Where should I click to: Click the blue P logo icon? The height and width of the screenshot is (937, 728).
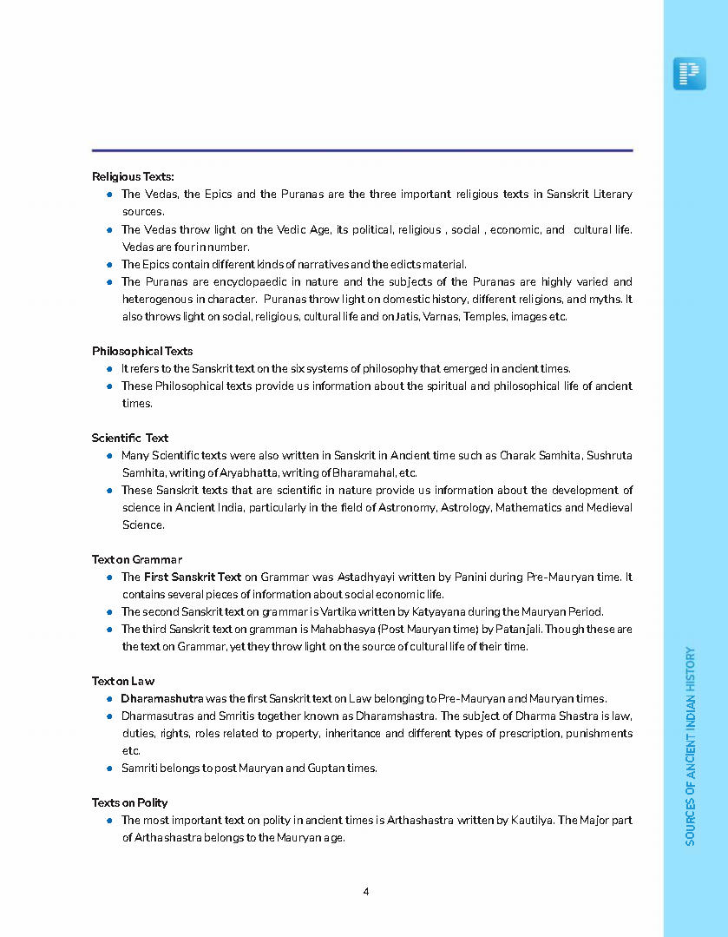[689, 74]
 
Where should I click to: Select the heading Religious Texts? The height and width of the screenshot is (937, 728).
[133, 177]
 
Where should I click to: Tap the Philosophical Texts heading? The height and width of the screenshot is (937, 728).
[142, 351]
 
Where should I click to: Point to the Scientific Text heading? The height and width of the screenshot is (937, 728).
[130, 438]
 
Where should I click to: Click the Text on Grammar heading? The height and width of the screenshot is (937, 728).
[137, 559]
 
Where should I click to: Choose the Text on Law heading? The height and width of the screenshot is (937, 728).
[123, 681]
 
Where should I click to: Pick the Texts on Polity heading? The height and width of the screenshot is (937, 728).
[130, 802]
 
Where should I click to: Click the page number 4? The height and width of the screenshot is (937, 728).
[366, 891]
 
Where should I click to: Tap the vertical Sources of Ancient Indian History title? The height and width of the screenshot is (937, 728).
[691, 745]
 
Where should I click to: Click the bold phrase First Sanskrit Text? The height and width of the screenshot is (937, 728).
[193, 577]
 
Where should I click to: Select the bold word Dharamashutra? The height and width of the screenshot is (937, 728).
[162, 698]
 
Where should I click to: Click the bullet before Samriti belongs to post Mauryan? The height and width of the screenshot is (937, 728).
[110, 768]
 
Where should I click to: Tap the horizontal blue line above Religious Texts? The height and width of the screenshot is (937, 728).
[362, 150]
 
